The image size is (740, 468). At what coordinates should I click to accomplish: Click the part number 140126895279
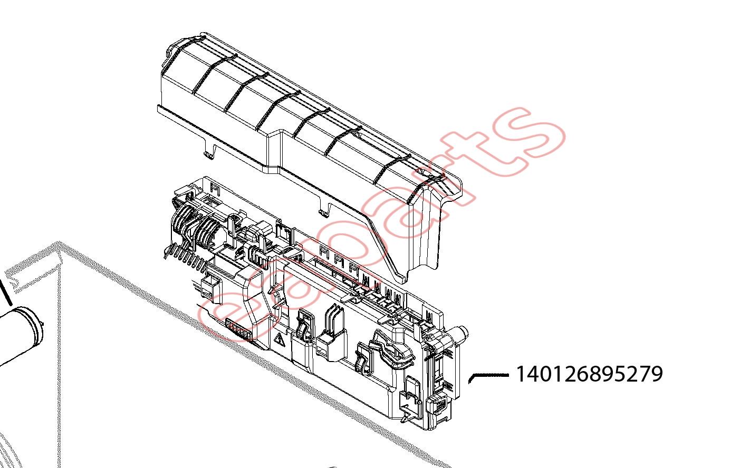point(589,374)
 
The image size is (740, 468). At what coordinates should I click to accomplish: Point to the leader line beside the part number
point(488,376)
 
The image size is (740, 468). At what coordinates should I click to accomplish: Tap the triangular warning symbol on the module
point(280,339)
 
